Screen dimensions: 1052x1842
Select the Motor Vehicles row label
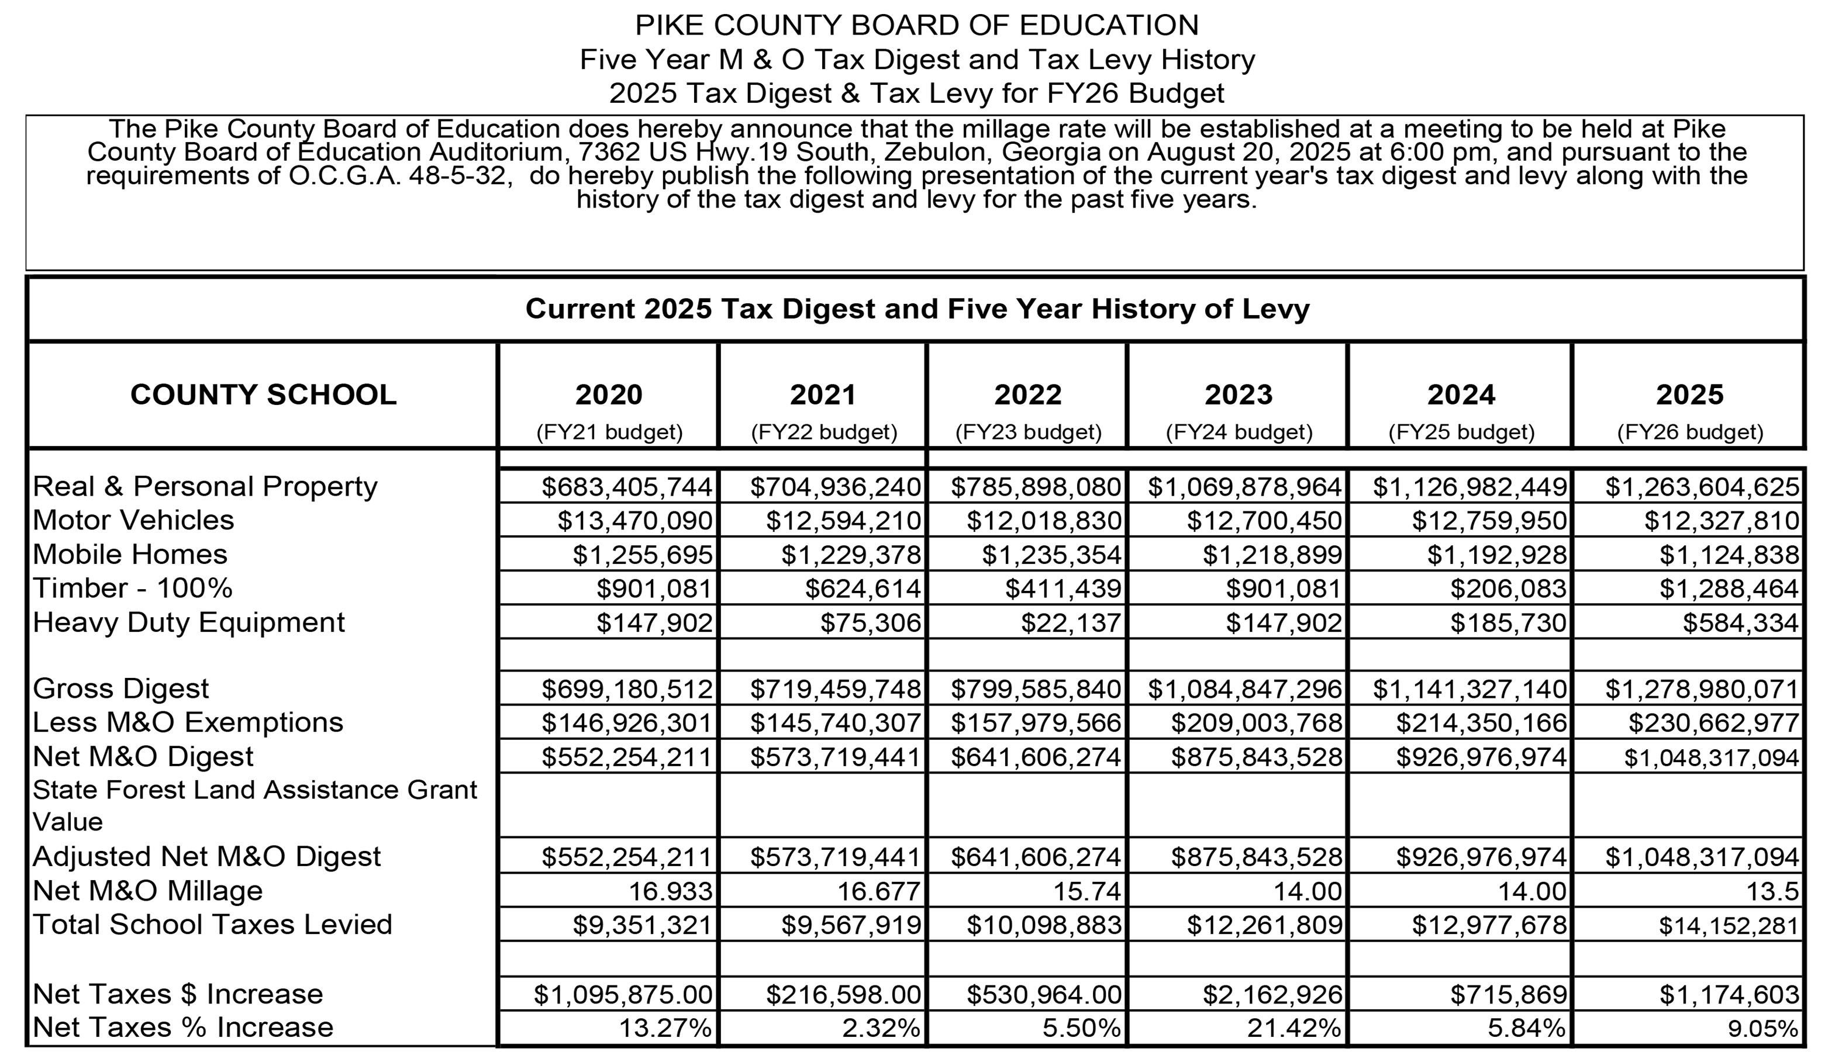(x=134, y=520)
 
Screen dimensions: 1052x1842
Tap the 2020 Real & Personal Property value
(x=627, y=487)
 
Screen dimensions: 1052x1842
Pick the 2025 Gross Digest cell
(x=1702, y=689)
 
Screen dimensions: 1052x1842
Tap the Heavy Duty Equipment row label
(x=189, y=622)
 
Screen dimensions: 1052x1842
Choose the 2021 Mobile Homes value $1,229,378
(x=851, y=555)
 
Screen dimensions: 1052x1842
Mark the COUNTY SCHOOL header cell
(x=263, y=394)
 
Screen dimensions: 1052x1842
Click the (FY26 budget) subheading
(x=1690, y=432)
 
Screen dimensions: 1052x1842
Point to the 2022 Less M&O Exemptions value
(x=1035, y=722)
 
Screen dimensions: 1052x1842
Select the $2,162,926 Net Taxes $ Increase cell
(x=1272, y=995)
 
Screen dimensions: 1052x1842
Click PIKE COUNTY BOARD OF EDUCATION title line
(x=917, y=25)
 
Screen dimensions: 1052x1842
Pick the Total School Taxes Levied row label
(x=212, y=925)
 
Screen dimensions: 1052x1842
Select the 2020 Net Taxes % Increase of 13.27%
(x=665, y=1028)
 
